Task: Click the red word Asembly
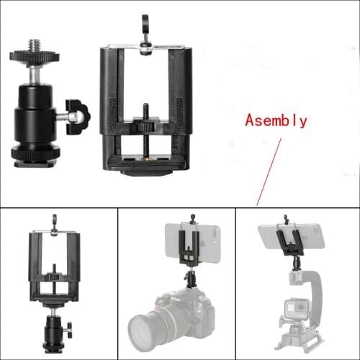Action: tap(276, 120)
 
